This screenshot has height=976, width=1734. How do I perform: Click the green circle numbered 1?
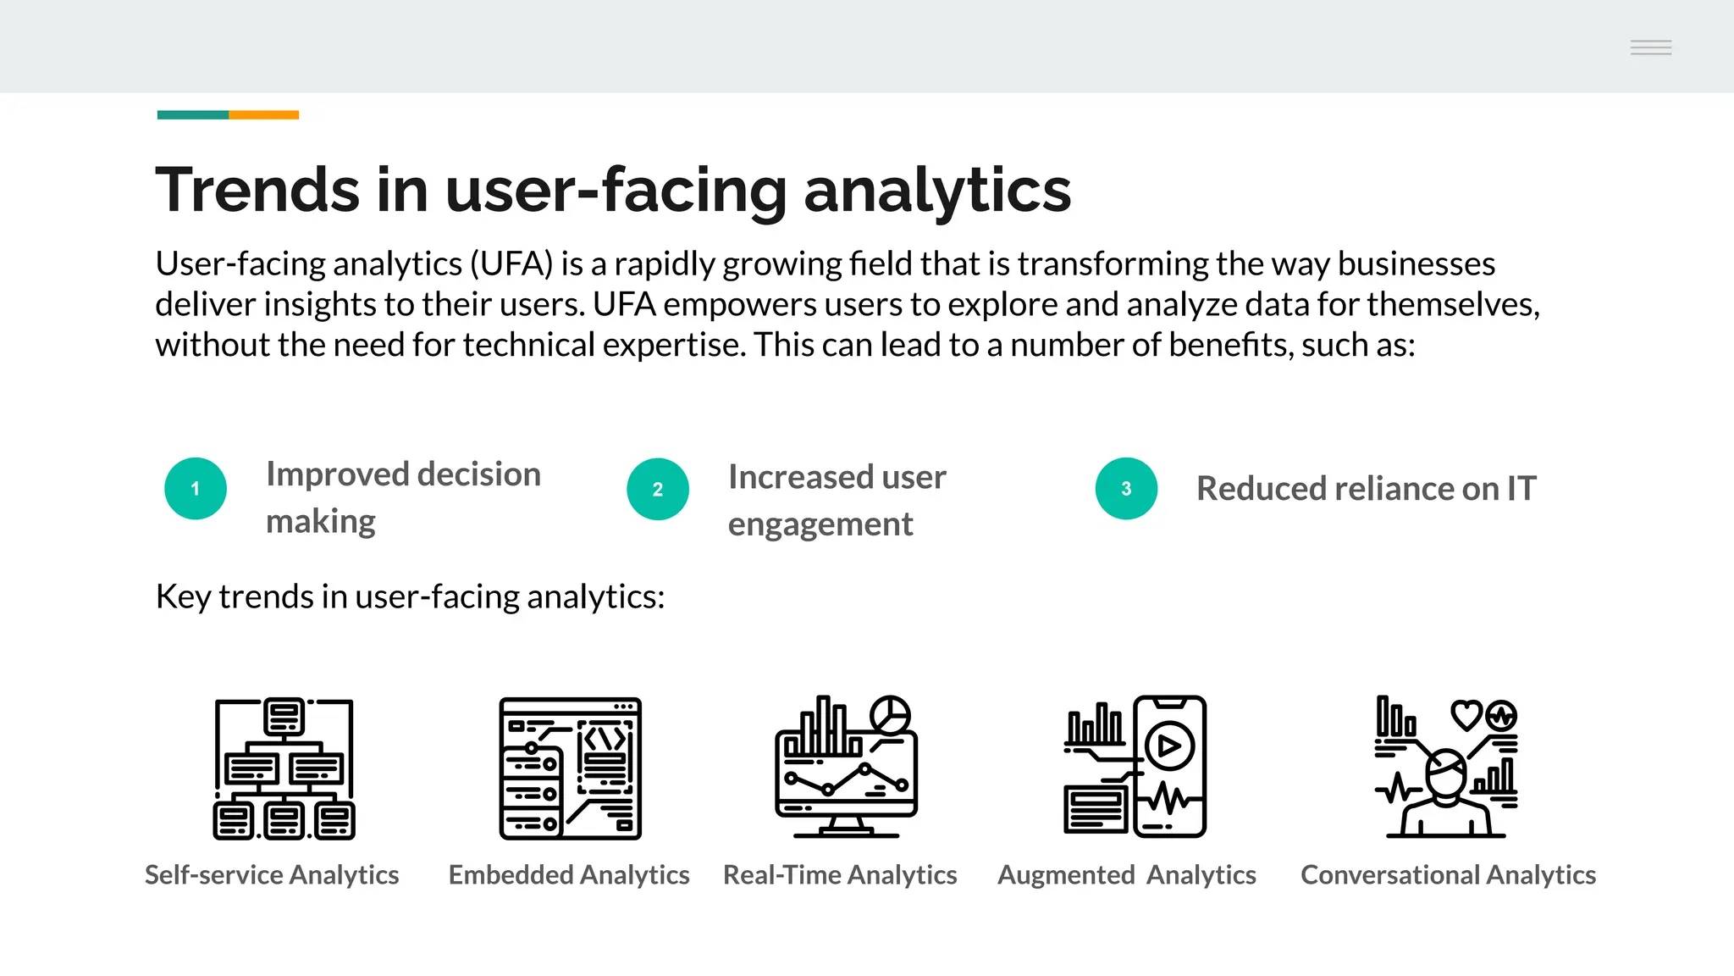pos(196,489)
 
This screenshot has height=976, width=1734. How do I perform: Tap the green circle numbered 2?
pos(658,489)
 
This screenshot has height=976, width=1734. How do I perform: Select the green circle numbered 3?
pos(1126,489)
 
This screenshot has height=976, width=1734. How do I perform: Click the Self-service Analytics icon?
pos(284,768)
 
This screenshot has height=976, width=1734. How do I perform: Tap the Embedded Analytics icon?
pos(570,768)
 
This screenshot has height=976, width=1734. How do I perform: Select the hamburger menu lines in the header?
pos(1651,47)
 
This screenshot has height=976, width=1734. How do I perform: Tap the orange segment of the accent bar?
pos(263,114)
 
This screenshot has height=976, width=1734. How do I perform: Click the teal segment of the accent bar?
pos(193,114)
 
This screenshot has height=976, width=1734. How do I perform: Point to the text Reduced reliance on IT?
pos(1366,489)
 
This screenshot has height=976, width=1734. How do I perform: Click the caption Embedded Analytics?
pos(569,874)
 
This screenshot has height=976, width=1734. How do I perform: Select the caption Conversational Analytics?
pos(1448,874)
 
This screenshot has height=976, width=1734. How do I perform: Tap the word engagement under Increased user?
pos(820,524)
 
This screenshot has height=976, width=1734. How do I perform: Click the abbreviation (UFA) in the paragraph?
pos(511,264)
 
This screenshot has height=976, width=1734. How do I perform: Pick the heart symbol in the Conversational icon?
pos(1466,715)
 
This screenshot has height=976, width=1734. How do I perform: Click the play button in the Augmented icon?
pos(1169,746)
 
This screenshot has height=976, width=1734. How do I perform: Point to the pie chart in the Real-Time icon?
pos(891,714)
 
